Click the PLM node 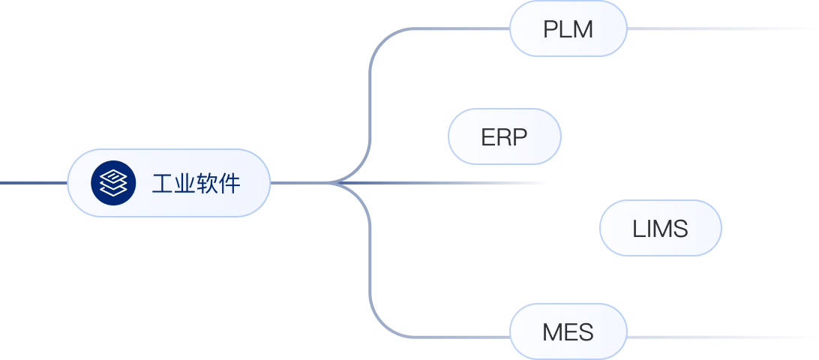pos(568,28)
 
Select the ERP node pos(505,136)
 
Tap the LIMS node pos(661,228)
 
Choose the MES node pos(568,331)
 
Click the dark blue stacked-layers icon pos(113,183)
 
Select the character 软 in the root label pos(207,184)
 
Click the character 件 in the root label pos(229,184)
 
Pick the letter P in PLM pos(551,29)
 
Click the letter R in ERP pos(505,137)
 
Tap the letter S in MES pos(585,332)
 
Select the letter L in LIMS pos(638,229)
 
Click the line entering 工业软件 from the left pos(34,183)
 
